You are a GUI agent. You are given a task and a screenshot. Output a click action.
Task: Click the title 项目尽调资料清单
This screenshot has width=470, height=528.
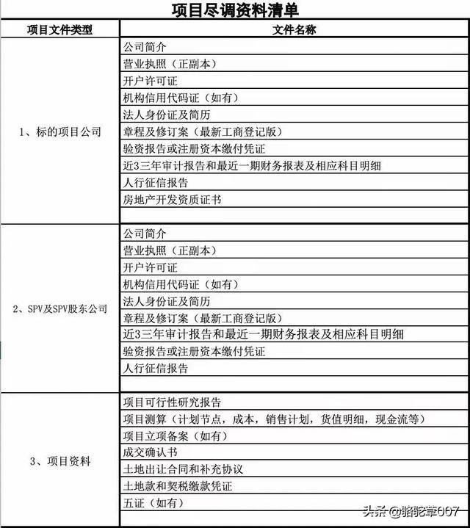(236, 10)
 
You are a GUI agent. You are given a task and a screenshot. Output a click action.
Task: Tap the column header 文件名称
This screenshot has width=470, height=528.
(294, 30)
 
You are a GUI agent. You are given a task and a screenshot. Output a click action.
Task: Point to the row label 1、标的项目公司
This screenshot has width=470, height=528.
(59, 132)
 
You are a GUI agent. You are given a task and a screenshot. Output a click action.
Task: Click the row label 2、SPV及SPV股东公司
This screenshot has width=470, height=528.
(59, 309)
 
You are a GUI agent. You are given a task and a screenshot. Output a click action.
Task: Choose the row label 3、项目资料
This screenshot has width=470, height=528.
(59, 461)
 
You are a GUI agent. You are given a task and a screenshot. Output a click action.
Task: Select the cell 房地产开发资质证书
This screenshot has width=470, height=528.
(172, 199)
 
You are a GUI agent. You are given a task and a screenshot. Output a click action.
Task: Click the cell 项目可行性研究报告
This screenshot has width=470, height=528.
(172, 402)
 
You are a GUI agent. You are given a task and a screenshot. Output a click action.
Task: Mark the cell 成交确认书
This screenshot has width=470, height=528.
(150, 452)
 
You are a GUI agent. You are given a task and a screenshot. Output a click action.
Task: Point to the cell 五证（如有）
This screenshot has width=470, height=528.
(153, 503)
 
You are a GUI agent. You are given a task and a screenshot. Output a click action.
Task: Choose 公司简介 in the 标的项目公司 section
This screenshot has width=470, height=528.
(145, 47)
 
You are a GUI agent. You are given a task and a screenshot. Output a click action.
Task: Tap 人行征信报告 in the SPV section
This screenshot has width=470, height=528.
(155, 368)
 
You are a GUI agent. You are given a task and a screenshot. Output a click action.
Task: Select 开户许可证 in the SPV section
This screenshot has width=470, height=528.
(150, 267)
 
